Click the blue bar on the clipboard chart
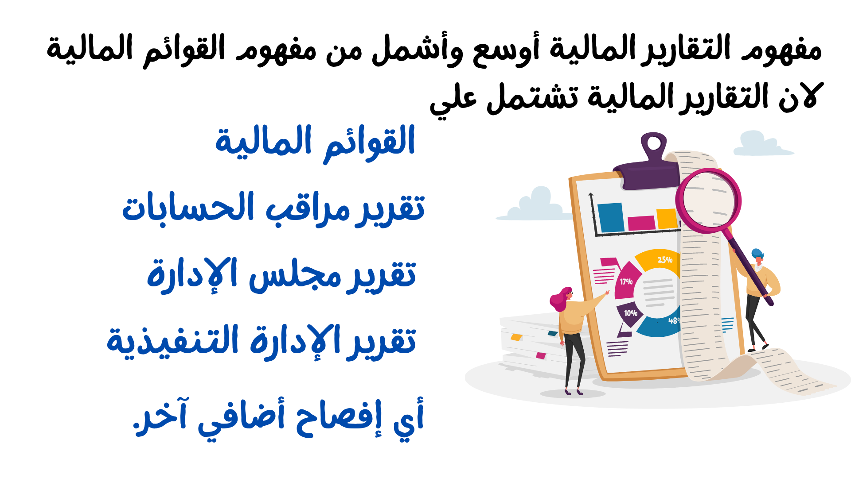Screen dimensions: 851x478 611,217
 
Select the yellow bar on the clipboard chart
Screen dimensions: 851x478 667,219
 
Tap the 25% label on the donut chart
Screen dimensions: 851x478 665,260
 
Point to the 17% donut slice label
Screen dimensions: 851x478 626,281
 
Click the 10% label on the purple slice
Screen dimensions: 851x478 631,313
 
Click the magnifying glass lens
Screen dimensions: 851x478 708,200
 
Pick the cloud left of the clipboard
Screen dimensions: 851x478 534,206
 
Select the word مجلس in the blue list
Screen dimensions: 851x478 294,277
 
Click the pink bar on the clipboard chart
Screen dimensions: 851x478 641,223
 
